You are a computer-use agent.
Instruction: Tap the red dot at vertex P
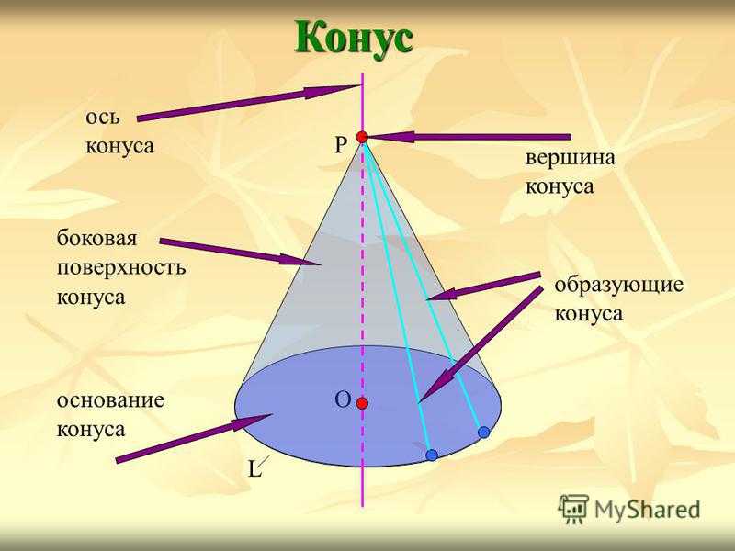coord(362,137)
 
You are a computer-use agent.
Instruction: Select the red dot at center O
coord(362,403)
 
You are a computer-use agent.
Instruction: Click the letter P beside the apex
coord(341,145)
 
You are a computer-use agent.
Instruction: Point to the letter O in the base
coord(343,400)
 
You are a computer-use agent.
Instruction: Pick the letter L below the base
coord(254,468)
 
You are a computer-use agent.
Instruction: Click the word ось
coord(103,118)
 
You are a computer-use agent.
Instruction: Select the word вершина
coord(570,157)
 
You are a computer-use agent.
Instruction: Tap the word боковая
coord(97,238)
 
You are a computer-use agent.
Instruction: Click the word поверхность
coord(121,268)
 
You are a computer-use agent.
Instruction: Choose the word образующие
coord(618,285)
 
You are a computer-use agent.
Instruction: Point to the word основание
coord(110,400)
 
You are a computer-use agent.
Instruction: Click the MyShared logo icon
coord(572,509)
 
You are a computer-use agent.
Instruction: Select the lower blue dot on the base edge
coord(432,455)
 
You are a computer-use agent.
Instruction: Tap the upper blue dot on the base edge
coord(484,432)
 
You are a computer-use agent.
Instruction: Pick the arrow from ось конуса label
coord(248,103)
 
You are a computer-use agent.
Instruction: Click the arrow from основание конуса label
coord(194,438)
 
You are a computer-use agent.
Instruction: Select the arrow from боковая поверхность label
coord(240,253)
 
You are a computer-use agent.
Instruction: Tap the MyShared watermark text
coord(647,510)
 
